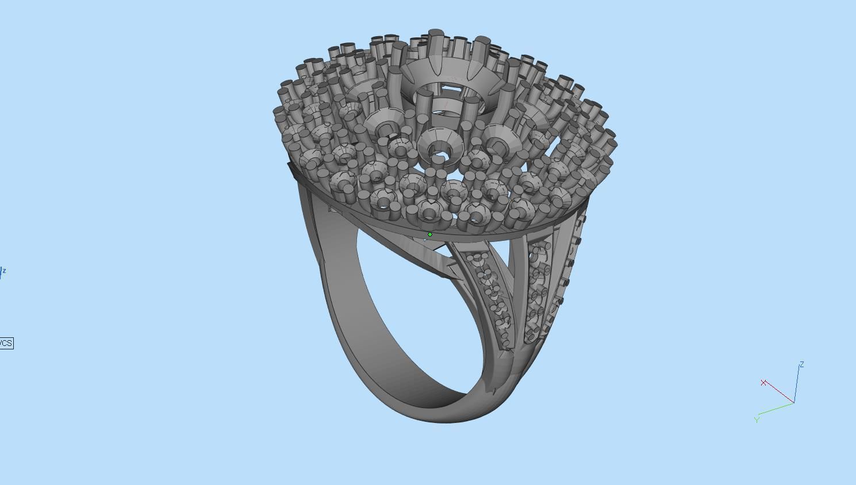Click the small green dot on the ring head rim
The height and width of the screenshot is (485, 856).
point(430,234)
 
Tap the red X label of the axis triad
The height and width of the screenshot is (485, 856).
point(763,383)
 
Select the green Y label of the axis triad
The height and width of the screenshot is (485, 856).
point(757,420)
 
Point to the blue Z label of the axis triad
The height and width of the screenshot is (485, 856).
point(801,364)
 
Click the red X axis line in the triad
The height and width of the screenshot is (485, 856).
point(780,394)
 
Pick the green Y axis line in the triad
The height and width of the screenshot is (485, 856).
point(776,409)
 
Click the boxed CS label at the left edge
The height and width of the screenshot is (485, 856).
point(6,343)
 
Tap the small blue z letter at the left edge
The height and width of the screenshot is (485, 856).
point(3,270)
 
